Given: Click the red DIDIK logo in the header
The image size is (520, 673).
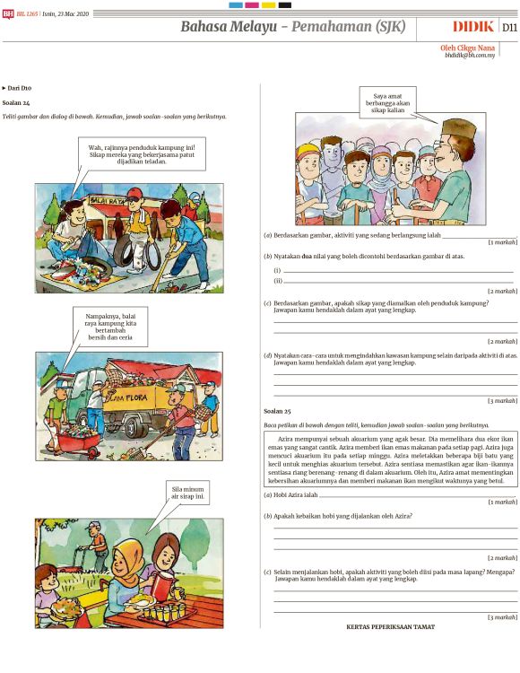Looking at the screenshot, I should coord(472,27).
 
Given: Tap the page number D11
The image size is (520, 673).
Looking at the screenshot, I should coord(508,28).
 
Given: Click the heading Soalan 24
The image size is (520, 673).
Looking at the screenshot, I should coord(16,103).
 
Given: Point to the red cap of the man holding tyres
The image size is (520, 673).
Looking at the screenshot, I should coord(134,194).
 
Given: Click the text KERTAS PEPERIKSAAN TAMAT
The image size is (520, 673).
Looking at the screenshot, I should coord(390,627).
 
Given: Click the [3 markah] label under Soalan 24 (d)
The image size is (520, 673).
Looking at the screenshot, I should coord(502,400).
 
